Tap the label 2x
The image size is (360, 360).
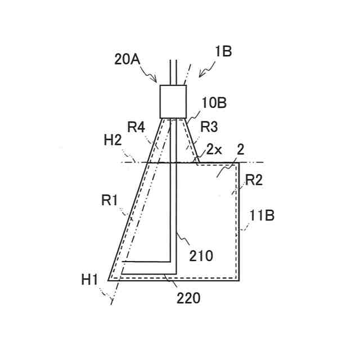[214, 150]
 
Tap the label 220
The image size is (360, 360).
[188, 298]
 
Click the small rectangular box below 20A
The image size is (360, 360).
[173, 101]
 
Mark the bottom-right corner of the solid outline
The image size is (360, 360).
[240, 280]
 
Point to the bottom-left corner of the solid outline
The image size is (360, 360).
[108, 280]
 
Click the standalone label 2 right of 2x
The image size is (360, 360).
[240, 150]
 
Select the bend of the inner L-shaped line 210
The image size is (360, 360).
[172, 262]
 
